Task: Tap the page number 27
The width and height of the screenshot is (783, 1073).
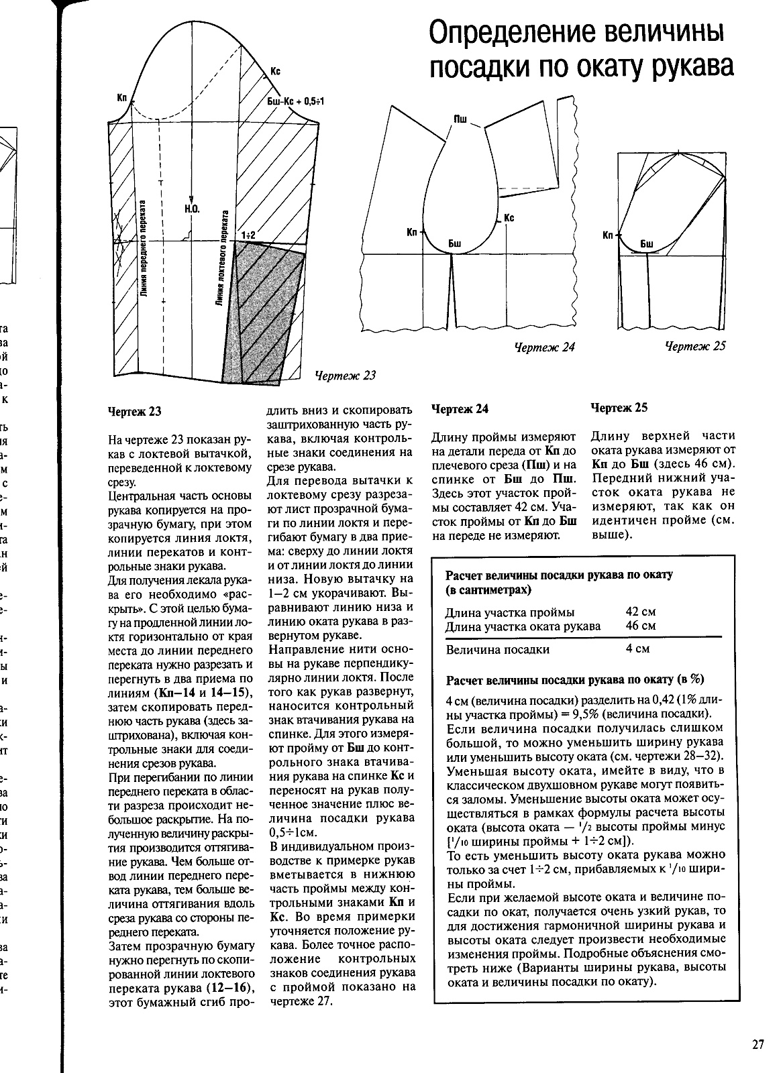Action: [758, 1044]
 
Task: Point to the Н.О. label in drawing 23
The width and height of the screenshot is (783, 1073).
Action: [192, 209]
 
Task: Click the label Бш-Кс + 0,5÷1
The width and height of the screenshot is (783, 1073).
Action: [296, 101]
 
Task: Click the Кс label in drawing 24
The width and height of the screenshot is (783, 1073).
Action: [509, 218]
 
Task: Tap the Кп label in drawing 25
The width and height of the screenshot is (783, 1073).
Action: [609, 235]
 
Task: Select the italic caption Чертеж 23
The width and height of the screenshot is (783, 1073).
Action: [345, 376]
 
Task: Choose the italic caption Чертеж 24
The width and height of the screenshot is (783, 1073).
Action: [544, 347]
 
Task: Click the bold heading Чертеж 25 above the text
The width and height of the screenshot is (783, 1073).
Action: [619, 408]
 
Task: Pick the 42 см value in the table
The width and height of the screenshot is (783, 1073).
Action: [640, 612]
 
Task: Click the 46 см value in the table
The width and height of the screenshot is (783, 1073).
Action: [640, 626]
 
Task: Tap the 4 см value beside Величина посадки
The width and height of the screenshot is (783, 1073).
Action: [637, 648]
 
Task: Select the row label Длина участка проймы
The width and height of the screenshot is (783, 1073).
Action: [510, 612]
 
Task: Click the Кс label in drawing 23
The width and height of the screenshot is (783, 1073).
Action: [275, 70]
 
